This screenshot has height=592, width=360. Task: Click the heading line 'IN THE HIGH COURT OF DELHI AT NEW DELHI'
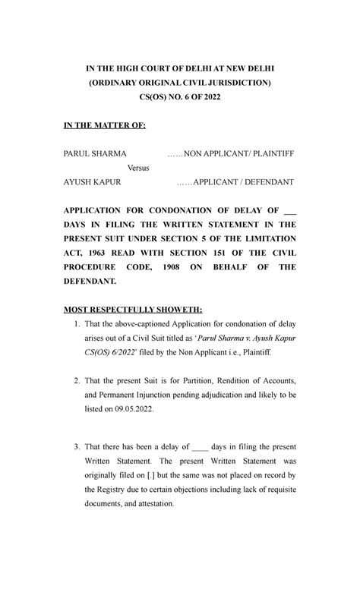pos(178,67)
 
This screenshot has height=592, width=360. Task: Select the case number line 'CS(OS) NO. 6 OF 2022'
pos(178,96)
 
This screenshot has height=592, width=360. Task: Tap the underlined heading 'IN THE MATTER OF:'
pos(103,125)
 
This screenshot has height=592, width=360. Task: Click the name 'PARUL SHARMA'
pos(95,154)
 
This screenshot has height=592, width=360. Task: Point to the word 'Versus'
pos(142,168)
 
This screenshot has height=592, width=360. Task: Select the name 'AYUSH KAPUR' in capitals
pos(93,183)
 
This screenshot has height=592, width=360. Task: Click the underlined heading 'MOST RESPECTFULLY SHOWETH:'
pos(133,310)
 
